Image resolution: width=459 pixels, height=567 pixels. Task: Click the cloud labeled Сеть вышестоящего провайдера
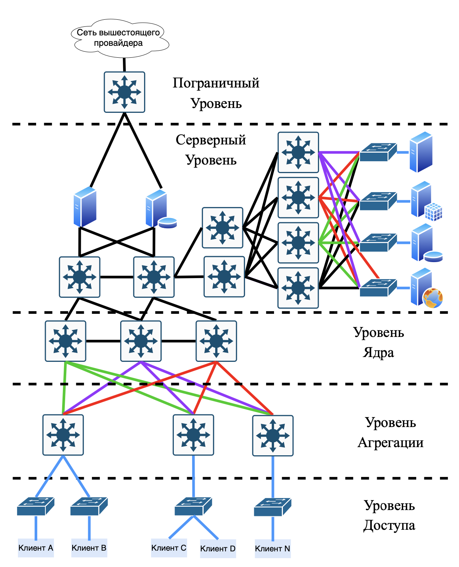tap(119, 38)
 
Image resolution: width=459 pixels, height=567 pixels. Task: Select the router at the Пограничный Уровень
tap(124, 92)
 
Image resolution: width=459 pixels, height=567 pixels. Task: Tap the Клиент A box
tap(36, 548)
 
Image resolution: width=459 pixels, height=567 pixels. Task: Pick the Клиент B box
tap(89, 548)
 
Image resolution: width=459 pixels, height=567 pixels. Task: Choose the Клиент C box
tap(169, 548)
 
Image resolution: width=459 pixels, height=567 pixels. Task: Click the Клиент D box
tap(218, 549)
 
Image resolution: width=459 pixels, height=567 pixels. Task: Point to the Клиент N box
tap(272, 549)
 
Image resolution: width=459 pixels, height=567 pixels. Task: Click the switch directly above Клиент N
tap(272, 507)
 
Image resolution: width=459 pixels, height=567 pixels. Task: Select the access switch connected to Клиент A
tap(36, 506)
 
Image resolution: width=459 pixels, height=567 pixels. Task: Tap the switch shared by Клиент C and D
tap(193, 506)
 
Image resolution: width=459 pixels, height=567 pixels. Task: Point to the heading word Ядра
tap(378, 352)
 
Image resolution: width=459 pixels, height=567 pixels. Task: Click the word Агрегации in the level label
tap(391, 443)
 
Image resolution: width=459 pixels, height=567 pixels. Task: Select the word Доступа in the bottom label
tap(389, 525)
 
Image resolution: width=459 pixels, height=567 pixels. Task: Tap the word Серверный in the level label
tap(211, 140)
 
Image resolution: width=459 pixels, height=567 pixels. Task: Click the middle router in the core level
tap(141, 341)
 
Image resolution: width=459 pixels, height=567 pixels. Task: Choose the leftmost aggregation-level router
tap(63, 435)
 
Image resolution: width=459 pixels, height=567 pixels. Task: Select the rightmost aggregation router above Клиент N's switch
tap(273, 436)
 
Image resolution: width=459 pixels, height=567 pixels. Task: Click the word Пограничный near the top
tap(216, 83)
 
